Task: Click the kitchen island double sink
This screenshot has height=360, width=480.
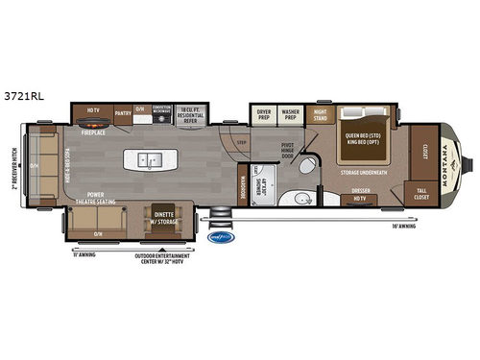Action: point(149,159)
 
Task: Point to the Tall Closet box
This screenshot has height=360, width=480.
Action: point(420,192)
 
